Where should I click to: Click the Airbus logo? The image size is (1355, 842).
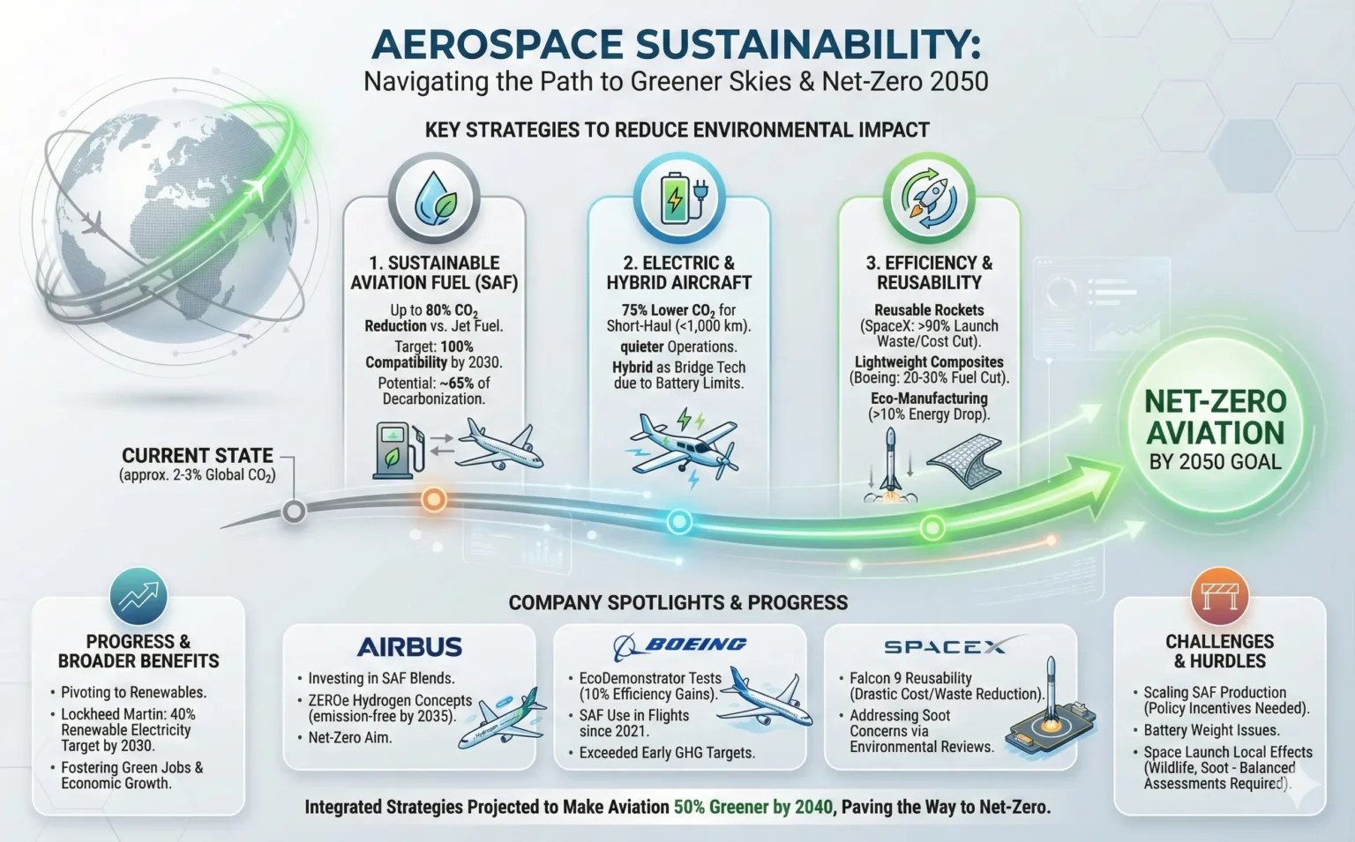[409, 647]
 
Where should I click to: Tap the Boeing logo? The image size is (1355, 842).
[680, 646]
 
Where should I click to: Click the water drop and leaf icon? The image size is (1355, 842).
[434, 198]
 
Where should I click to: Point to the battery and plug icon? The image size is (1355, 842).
[678, 198]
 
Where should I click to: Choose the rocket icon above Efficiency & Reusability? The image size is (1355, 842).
[928, 198]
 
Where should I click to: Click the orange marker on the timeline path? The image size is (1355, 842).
[433, 500]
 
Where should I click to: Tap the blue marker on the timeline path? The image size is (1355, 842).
[678, 522]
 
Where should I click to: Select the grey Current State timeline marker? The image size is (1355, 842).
[294, 511]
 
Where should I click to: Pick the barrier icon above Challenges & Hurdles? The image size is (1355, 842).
[1219, 596]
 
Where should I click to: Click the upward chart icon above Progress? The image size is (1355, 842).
[138, 597]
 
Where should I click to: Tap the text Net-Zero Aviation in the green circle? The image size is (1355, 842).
[1215, 417]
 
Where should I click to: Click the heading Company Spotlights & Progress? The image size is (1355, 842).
[677, 603]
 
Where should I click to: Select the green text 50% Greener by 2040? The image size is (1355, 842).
[752, 807]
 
